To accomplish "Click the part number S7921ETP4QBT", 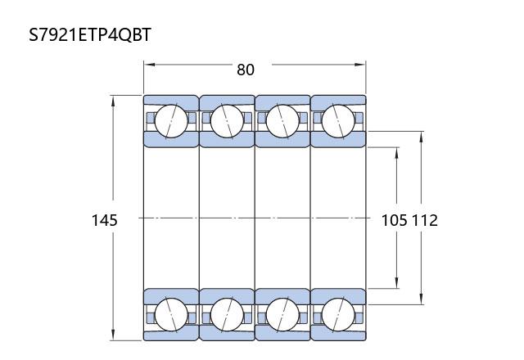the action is [90, 34].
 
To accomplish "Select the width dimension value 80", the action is [246, 70].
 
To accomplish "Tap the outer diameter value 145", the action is [105, 220].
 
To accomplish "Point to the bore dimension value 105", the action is [395, 220].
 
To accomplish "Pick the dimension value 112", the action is [424, 220].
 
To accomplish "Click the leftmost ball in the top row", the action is [171, 121].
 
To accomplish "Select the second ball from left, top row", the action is [227, 121].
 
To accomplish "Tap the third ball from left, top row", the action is [282, 121].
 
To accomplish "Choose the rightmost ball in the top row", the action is [338, 121].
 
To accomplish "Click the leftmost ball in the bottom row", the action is [171, 314].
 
